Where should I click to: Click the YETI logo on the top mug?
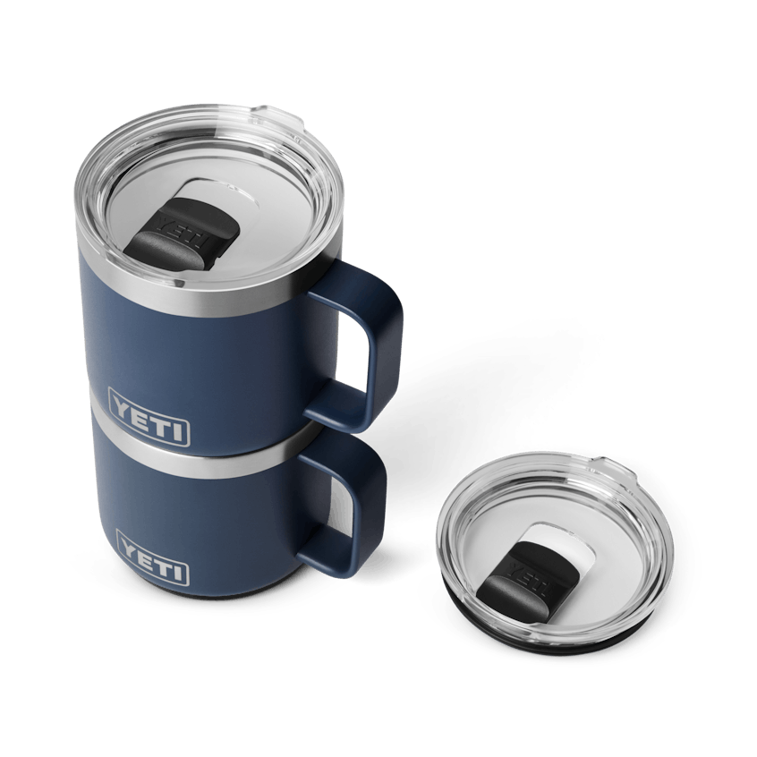pyautogui.click(x=149, y=415)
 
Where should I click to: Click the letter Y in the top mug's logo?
pyautogui.click(x=122, y=403)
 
